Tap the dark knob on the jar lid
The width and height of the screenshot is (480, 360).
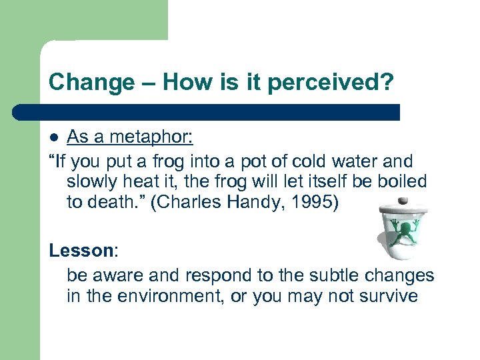coord(402,200)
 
